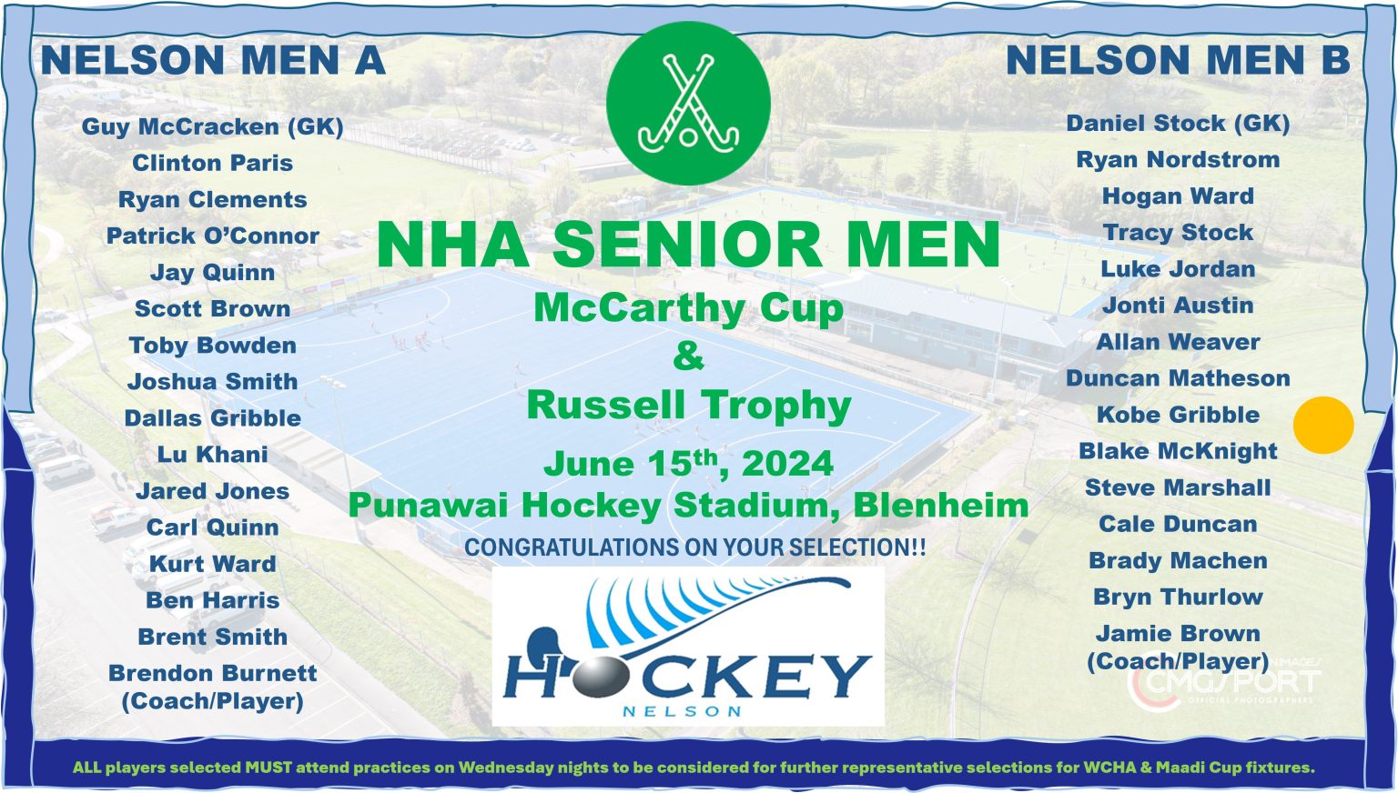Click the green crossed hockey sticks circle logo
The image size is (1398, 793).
[x=688, y=103]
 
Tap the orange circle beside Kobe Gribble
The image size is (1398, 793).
[x=1323, y=425]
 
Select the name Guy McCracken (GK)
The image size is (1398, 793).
[x=213, y=126]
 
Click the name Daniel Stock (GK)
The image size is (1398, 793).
[x=1178, y=123]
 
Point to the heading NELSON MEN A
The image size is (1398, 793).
[x=213, y=61]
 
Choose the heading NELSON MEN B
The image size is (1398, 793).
[x=1178, y=61]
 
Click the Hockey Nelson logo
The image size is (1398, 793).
[x=688, y=647]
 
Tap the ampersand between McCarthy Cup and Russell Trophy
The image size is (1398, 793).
[x=688, y=356]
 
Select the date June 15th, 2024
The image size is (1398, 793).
[x=688, y=464]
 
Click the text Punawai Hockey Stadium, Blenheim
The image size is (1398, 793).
[x=688, y=506]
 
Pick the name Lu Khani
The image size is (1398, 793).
[x=213, y=455]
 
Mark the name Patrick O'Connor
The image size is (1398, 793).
[x=213, y=236]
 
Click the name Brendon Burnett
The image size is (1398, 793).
[x=213, y=674]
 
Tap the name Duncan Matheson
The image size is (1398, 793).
[x=1178, y=378]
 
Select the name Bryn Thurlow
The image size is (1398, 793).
[x=1178, y=597]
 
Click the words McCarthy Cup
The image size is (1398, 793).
[x=688, y=308]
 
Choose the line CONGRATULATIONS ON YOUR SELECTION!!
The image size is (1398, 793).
[x=695, y=547]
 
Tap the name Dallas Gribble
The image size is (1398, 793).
[x=213, y=418]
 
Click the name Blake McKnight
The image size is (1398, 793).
[x=1178, y=451]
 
